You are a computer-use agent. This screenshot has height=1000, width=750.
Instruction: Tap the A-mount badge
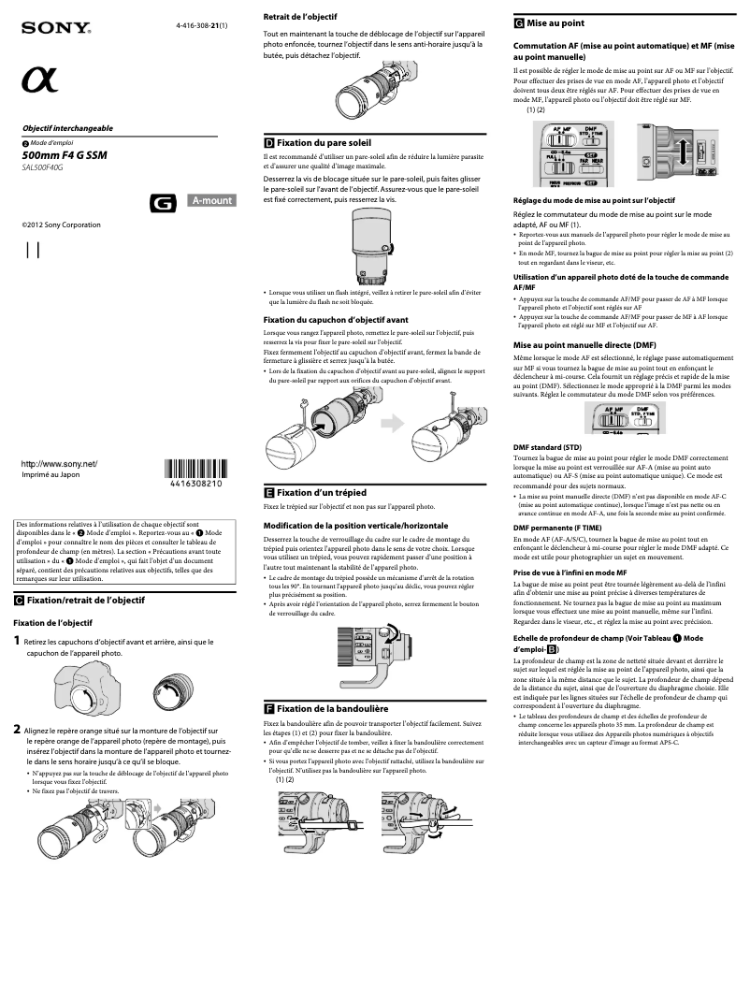point(211,199)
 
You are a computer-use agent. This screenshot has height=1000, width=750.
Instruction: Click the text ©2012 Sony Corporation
point(61,225)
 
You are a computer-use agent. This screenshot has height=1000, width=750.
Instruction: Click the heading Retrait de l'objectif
point(300,17)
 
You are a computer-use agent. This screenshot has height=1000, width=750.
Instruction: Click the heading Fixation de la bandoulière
point(332,709)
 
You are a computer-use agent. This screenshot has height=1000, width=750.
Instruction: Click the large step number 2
point(17,729)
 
